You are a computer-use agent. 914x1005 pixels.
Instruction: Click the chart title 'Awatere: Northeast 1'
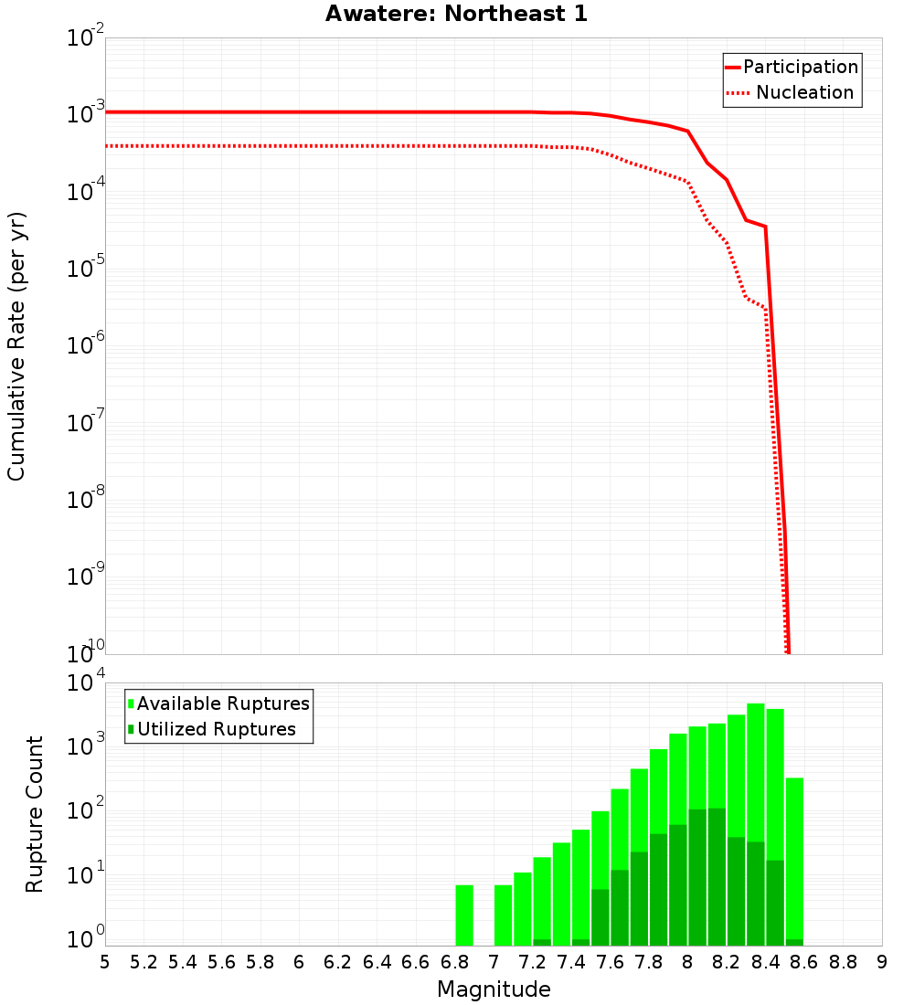(456, 15)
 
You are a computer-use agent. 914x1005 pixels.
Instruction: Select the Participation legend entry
(792, 68)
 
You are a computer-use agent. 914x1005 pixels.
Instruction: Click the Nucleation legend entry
(792, 93)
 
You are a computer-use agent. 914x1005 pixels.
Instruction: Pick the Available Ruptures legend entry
(219, 703)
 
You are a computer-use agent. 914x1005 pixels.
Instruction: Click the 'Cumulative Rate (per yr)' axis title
(16, 346)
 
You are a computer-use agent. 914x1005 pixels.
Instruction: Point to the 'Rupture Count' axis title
(35, 814)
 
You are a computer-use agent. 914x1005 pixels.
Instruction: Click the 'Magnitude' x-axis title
(494, 989)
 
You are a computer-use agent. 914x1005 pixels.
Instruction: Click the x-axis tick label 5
(105, 962)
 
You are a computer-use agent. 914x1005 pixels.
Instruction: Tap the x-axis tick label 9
(881, 962)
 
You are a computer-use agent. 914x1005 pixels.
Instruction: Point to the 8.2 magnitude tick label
(726, 962)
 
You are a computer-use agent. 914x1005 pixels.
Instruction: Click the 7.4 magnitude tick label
(570, 962)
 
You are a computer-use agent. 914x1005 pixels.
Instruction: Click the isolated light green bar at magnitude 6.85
(464, 915)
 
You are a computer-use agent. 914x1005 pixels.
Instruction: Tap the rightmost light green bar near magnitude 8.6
(794, 859)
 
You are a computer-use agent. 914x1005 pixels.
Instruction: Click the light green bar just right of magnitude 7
(503, 915)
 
